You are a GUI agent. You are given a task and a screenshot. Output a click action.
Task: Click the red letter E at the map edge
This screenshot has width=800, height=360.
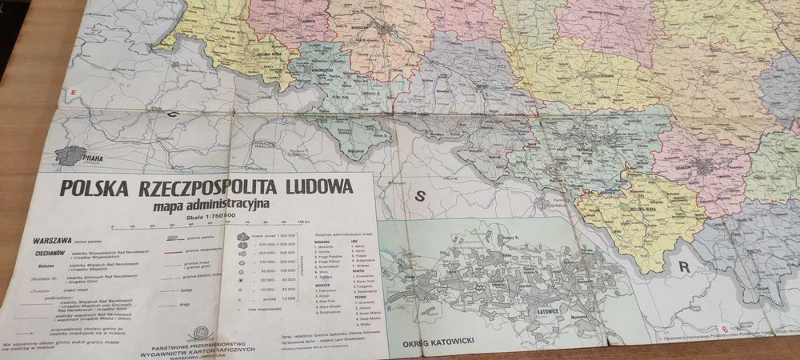(73, 94)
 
